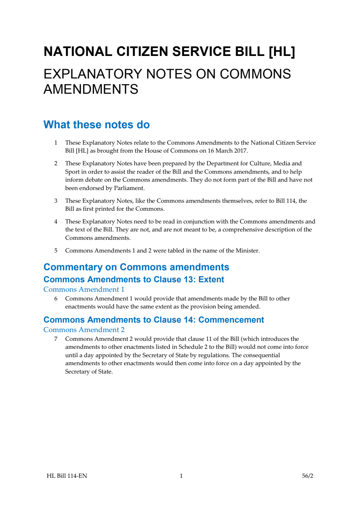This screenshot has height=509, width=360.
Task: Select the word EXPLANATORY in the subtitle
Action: [93, 74]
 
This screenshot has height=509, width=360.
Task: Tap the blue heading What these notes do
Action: [97, 125]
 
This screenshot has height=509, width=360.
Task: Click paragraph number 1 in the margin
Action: [56, 143]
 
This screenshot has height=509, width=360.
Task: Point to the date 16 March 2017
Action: [227, 151]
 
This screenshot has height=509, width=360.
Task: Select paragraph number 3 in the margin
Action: [56, 201]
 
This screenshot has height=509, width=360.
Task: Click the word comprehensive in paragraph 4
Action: [246, 230]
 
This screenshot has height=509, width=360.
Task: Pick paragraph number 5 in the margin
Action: [56, 251]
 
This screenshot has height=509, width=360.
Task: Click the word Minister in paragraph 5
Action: [247, 251]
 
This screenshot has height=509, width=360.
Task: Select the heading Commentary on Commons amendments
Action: [136, 267]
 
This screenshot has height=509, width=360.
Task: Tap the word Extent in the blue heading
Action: [211, 279]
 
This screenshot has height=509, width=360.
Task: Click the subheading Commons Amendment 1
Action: [84, 290]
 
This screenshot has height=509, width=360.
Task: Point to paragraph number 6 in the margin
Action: [56, 299]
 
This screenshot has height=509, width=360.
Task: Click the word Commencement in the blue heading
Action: [231, 320]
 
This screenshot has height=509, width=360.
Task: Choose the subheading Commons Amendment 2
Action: [84, 330]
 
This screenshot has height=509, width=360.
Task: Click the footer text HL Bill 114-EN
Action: [67, 476]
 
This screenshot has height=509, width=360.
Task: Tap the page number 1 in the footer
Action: [181, 476]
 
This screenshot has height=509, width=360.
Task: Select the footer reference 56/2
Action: [307, 476]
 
